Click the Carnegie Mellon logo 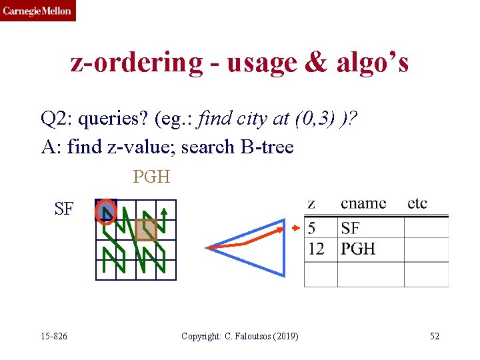38,11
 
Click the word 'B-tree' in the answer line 266,147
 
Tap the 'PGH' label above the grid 151,177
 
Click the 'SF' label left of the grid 64,209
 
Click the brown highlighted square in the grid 146,230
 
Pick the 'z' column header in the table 311,203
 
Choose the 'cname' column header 363,203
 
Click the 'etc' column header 417,203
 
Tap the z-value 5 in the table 311,229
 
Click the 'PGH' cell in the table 358,249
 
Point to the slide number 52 435,336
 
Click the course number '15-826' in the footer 53,336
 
